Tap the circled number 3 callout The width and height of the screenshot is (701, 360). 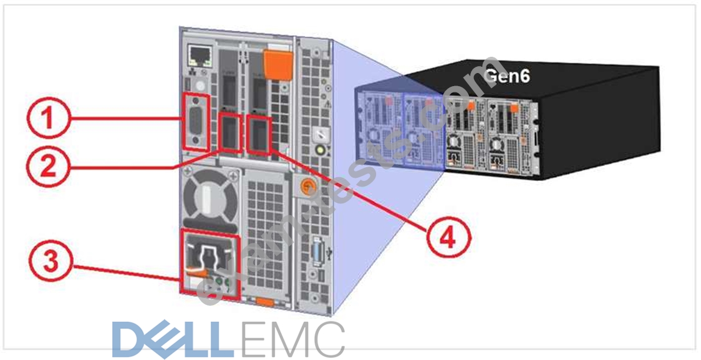[51, 261]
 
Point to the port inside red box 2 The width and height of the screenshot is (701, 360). [231, 132]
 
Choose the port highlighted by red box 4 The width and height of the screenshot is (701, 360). [259, 135]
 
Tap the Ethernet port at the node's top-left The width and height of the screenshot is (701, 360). [198, 54]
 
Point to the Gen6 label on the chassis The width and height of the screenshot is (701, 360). [507, 76]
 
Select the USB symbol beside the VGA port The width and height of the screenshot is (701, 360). [329, 253]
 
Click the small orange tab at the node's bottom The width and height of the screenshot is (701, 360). [265, 302]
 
